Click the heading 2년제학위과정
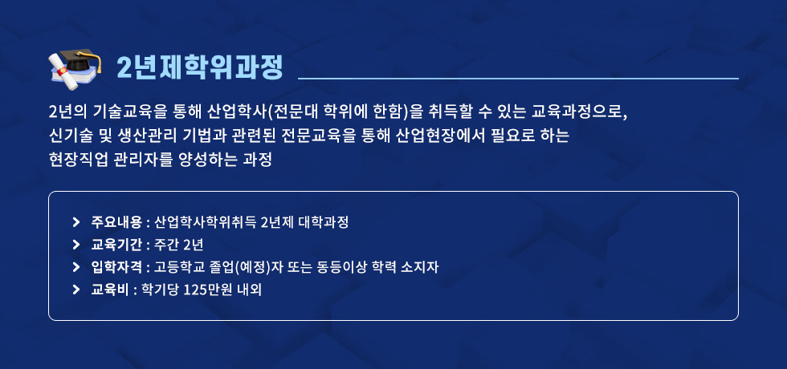coord(200,67)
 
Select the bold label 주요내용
coord(116,221)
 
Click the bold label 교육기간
coord(116,245)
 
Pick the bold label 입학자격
coord(116,267)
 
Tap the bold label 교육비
coord(111,290)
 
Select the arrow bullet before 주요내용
coord(76,221)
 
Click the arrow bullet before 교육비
coord(76,290)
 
